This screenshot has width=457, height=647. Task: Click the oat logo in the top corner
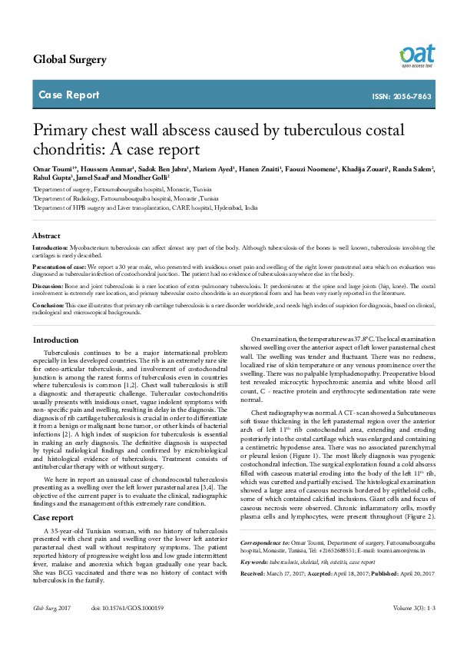coord(416,55)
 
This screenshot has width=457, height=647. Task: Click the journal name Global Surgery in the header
coord(70,60)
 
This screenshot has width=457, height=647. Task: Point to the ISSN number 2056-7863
coord(412,97)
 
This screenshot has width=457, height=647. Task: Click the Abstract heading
coord(46,235)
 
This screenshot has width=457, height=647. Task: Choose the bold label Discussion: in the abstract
coord(48,285)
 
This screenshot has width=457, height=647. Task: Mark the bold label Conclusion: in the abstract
coord(49,305)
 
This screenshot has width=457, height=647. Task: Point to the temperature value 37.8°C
coord(353,339)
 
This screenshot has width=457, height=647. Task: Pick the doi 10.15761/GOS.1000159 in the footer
coord(127,629)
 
